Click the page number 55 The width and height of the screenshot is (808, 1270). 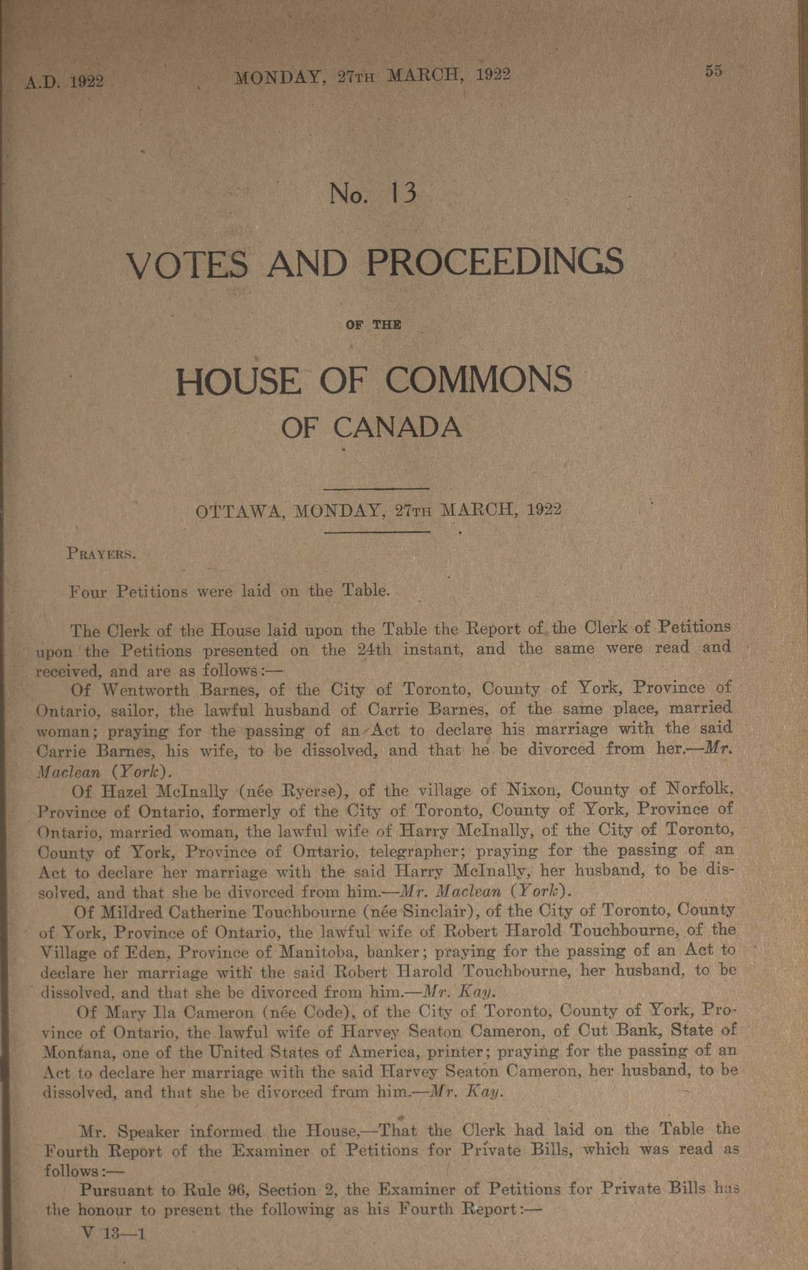pyautogui.click(x=713, y=71)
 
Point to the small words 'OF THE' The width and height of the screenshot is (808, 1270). pyautogui.click(x=373, y=325)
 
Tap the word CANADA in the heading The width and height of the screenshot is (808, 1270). pyautogui.click(x=398, y=428)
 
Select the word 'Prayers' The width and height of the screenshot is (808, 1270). pyautogui.click(x=102, y=554)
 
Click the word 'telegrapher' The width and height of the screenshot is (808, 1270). pyautogui.click(x=414, y=852)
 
